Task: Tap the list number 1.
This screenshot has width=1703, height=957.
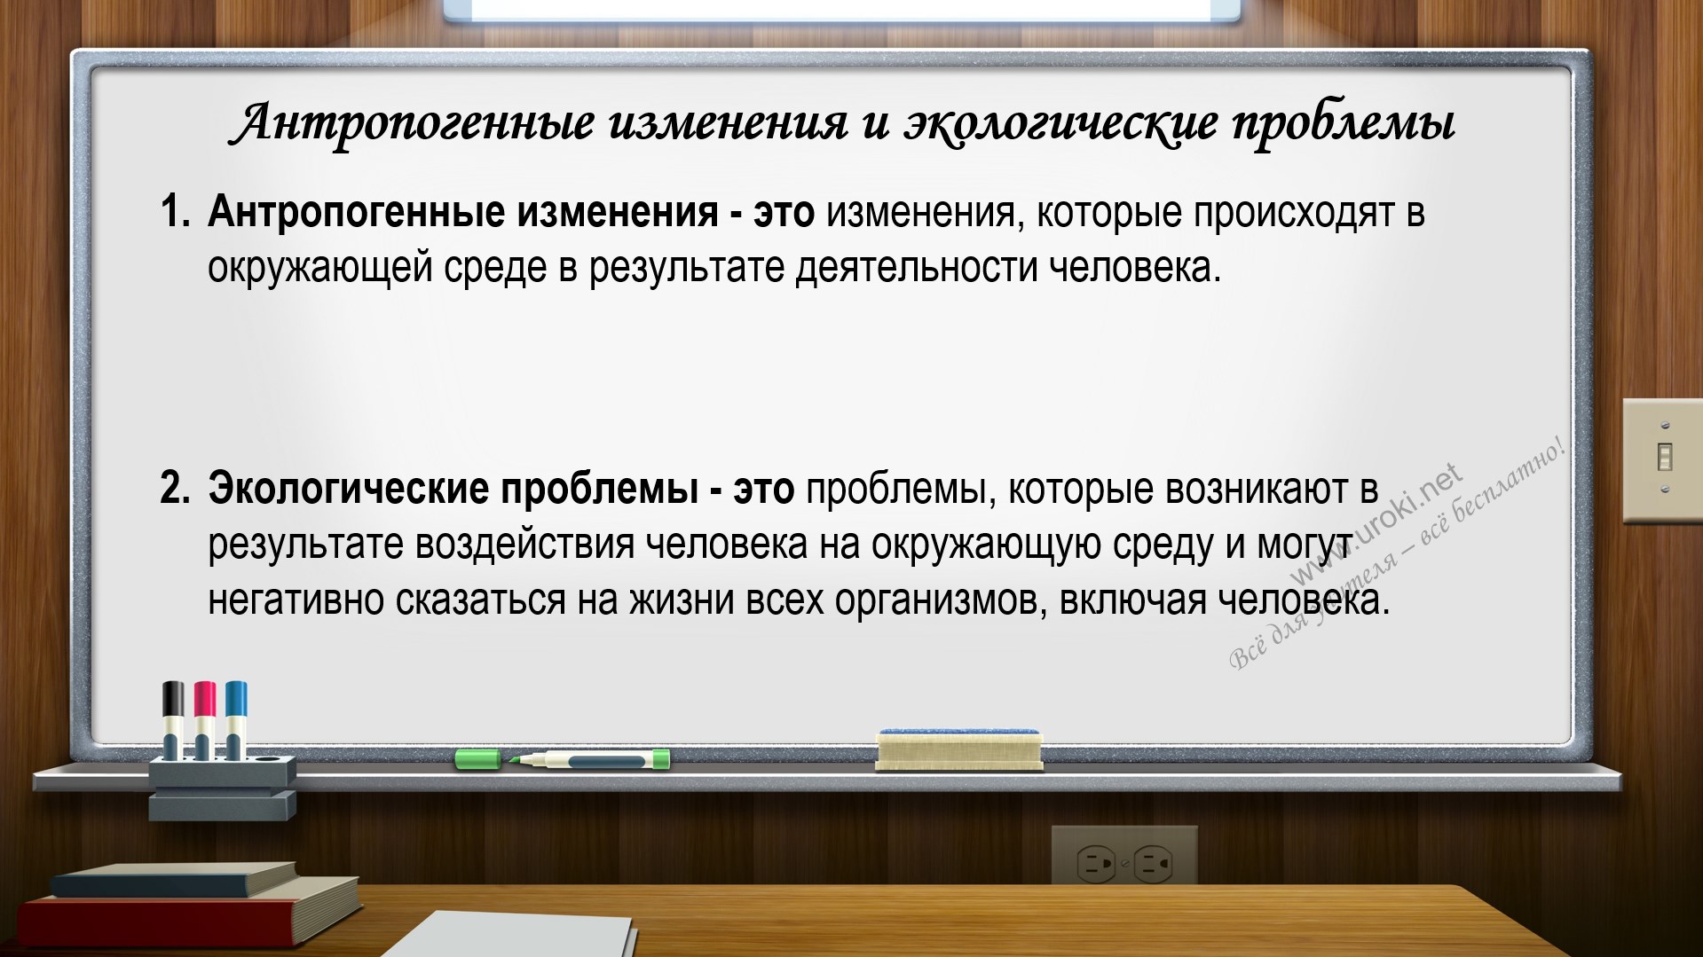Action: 175,213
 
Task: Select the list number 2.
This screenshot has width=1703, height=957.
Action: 175,490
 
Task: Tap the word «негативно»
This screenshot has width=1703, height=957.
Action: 296,600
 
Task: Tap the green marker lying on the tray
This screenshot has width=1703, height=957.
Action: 563,759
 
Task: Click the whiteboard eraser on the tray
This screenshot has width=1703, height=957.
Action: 958,750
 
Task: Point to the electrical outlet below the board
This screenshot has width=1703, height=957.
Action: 1124,860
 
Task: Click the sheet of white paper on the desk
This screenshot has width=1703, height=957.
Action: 515,936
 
